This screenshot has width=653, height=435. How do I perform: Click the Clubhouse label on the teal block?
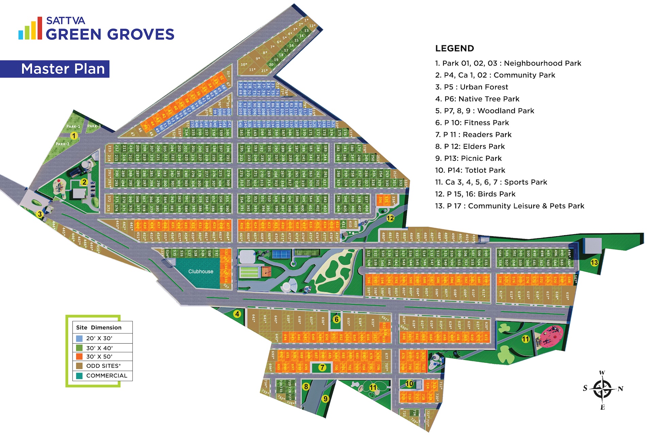pos(201,272)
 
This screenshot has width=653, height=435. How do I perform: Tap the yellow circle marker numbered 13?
pos(594,262)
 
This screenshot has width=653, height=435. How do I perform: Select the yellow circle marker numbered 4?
pos(237,314)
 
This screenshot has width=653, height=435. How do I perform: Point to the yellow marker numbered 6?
pos(336,319)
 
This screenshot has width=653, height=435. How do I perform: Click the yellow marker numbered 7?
pos(322,367)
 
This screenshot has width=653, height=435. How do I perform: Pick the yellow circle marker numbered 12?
pos(390,218)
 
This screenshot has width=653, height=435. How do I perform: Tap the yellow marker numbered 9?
pos(325,399)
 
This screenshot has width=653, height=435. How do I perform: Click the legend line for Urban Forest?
pos(472,87)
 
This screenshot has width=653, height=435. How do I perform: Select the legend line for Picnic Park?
pos(468,158)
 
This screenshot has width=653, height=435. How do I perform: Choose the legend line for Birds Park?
pos(475,194)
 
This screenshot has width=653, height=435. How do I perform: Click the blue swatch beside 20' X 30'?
pos(79,338)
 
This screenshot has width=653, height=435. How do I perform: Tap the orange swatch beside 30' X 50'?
pos(79,356)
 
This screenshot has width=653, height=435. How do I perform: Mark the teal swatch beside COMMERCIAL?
pos(79,376)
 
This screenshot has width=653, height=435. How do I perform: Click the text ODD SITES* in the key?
pos(103,366)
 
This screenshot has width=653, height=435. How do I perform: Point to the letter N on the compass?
pos(620,389)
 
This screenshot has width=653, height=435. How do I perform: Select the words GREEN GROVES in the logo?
pos(110,34)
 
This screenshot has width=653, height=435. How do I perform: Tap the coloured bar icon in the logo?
pos(30,29)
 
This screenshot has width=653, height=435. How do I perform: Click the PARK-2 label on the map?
pos(63,144)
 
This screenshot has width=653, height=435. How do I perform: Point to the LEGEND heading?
pos(454,49)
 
